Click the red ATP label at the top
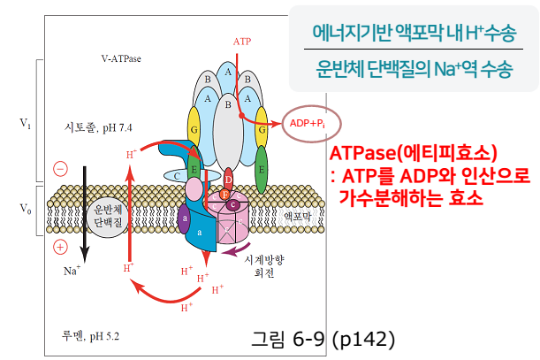pyautogui.click(x=241, y=42)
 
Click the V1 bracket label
pyautogui.click(x=26, y=125)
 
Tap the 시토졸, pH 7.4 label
pyautogui.click(x=98, y=127)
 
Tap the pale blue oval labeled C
pyautogui.click(x=177, y=176)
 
